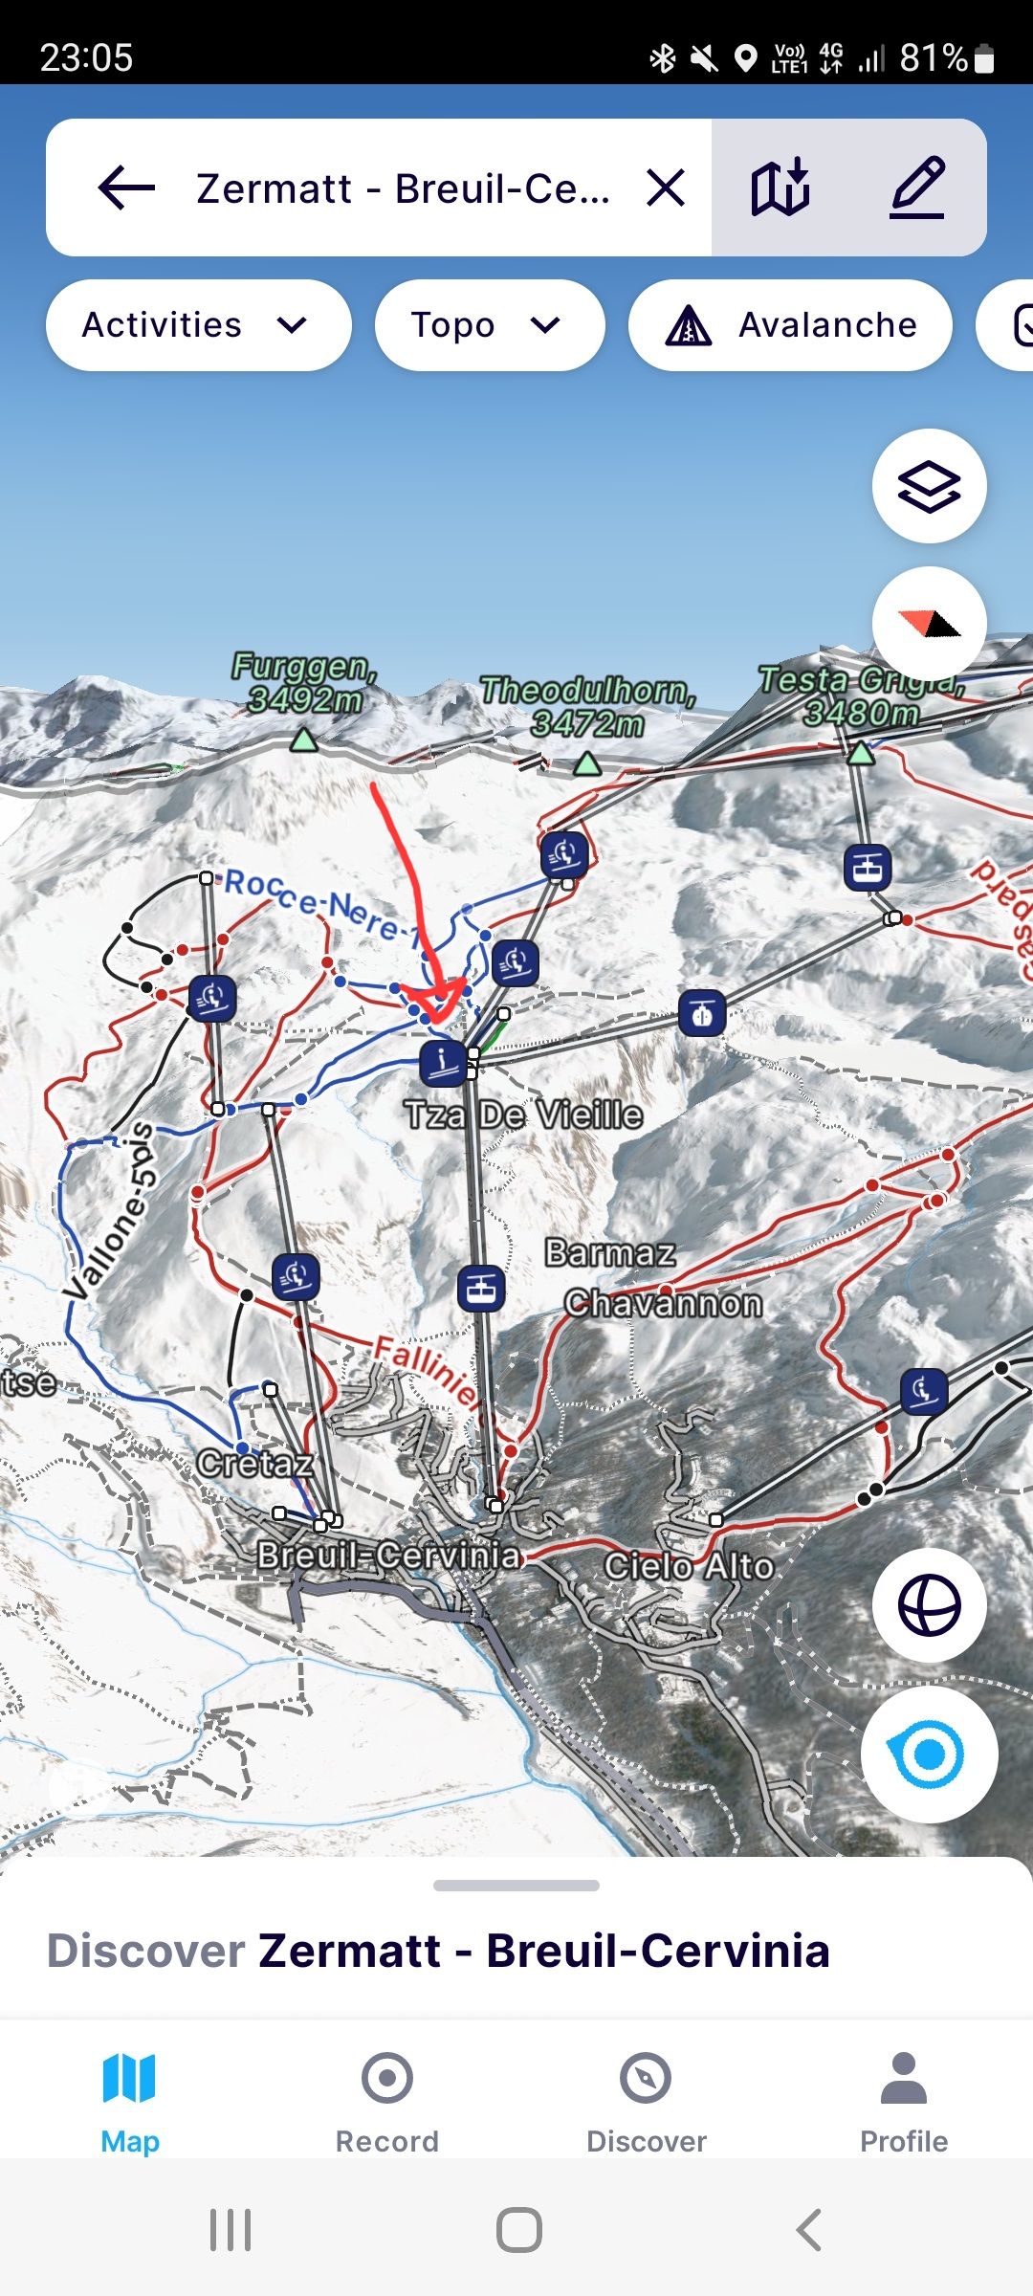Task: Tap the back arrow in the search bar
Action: [x=126, y=188]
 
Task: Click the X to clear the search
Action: [x=666, y=188]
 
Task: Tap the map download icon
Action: [x=780, y=188]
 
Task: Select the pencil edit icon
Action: [x=918, y=188]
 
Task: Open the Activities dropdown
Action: [x=197, y=325]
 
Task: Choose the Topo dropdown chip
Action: [x=489, y=325]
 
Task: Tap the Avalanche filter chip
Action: [x=790, y=325]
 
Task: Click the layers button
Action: [x=929, y=487]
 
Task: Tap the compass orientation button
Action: [x=929, y=624]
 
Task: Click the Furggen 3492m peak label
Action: [x=304, y=683]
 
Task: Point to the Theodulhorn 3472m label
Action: [x=587, y=706]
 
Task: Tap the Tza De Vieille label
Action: [x=523, y=1115]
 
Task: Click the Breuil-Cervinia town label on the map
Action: [x=388, y=1556]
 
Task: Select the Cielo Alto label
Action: [x=689, y=1566]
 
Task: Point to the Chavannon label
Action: [x=663, y=1303]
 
